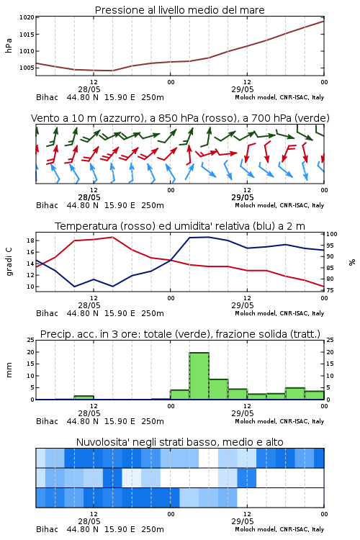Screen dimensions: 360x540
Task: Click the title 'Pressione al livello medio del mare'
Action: pyautogui.click(x=179, y=10)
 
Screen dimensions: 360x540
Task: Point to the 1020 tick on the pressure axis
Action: pyautogui.click(x=27, y=17)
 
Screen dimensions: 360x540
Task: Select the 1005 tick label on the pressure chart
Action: pyautogui.click(x=27, y=68)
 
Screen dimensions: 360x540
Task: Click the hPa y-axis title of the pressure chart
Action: pyautogui.click(x=9, y=45)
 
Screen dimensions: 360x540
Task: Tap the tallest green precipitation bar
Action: pyautogui.click(x=199, y=376)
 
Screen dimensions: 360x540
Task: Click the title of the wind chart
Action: pyautogui.click(x=180, y=118)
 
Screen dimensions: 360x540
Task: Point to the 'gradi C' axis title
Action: pyautogui.click(x=9, y=261)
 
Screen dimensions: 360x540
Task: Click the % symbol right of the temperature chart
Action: pyautogui.click(x=352, y=262)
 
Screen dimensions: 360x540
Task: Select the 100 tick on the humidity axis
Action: pyautogui.click(x=332, y=234)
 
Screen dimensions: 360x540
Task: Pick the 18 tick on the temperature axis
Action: pyautogui.click(x=30, y=240)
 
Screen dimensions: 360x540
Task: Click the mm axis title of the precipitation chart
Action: pyautogui.click(x=9, y=369)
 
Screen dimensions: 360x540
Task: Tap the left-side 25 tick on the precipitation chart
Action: pyautogui.click(x=30, y=340)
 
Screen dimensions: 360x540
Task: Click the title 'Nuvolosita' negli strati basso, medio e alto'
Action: pyautogui.click(x=179, y=442)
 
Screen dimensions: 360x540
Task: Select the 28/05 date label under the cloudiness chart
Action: pyautogui.click(x=89, y=521)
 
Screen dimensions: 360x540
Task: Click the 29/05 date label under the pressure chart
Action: pyautogui.click(x=243, y=89)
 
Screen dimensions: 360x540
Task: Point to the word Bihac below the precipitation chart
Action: pyautogui.click(x=48, y=421)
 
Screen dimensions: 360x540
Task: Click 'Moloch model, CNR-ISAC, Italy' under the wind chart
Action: pyautogui.click(x=279, y=205)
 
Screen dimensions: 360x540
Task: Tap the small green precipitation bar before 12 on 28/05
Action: pyautogui.click(x=84, y=397)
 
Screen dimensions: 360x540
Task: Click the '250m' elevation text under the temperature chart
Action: pyautogui.click(x=153, y=313)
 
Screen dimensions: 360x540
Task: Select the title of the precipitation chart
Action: pyautogui.click(x=180, y=334)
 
